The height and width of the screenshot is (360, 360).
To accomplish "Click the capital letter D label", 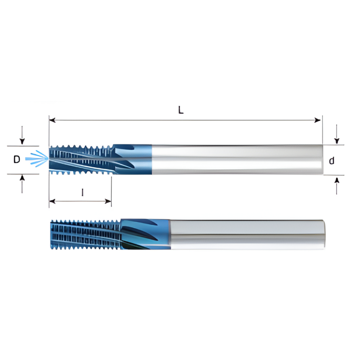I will point(17,159).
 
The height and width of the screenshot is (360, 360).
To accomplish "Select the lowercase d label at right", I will point(332,160).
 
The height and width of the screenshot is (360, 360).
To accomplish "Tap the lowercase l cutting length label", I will point(82,193).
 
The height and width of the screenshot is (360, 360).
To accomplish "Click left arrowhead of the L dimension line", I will point(52,120).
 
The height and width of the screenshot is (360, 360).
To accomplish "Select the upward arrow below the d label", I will point(337,181).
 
